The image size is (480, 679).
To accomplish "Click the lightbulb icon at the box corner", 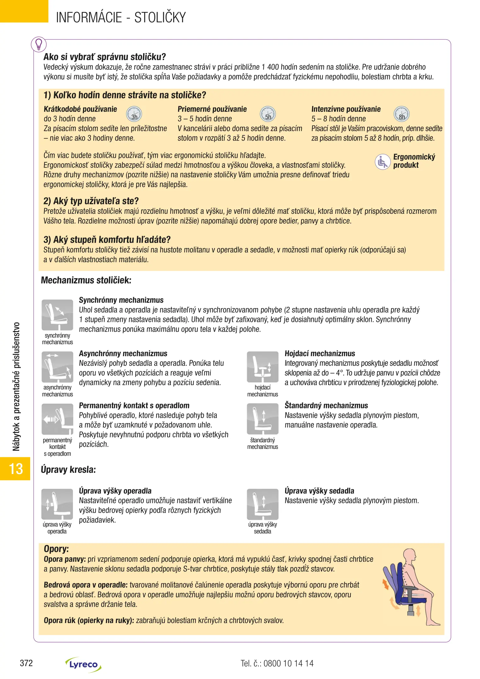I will click(x=39, y=44).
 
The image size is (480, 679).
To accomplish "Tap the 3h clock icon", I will click(x=134, y=114).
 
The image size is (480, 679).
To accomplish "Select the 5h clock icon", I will click(x=268, y=114).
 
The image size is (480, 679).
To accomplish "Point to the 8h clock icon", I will click(x=402, y=114).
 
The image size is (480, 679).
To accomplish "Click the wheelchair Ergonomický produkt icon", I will click(x=383, y=162).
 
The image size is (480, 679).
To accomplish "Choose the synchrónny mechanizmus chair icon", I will click(x=57, y=315).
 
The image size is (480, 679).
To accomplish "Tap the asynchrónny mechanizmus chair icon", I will click(x=57, y=367).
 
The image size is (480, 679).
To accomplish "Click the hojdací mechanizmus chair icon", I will click(x=262, y=367).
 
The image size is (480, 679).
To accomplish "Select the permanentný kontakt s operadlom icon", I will click(x=57, y=419).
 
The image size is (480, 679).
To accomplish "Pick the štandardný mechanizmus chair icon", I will click(x=262, y=419).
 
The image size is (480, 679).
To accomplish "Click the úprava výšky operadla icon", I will click(x=57, y=504).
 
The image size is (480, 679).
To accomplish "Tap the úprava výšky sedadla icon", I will click(x=262, y=504).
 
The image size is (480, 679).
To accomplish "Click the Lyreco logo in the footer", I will click(x=83, y=665).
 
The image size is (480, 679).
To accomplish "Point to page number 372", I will click(x=26, y=663).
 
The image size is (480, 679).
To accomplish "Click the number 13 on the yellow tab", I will click(x=16, y=469).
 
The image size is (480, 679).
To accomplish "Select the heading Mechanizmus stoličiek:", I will click(x=86, y=280).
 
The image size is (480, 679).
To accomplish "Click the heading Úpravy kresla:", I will click(x=68, y=470).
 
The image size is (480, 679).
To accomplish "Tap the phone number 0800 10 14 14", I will click(x=288, y=664).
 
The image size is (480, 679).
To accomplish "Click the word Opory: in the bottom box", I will click(x=56, y=549).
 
